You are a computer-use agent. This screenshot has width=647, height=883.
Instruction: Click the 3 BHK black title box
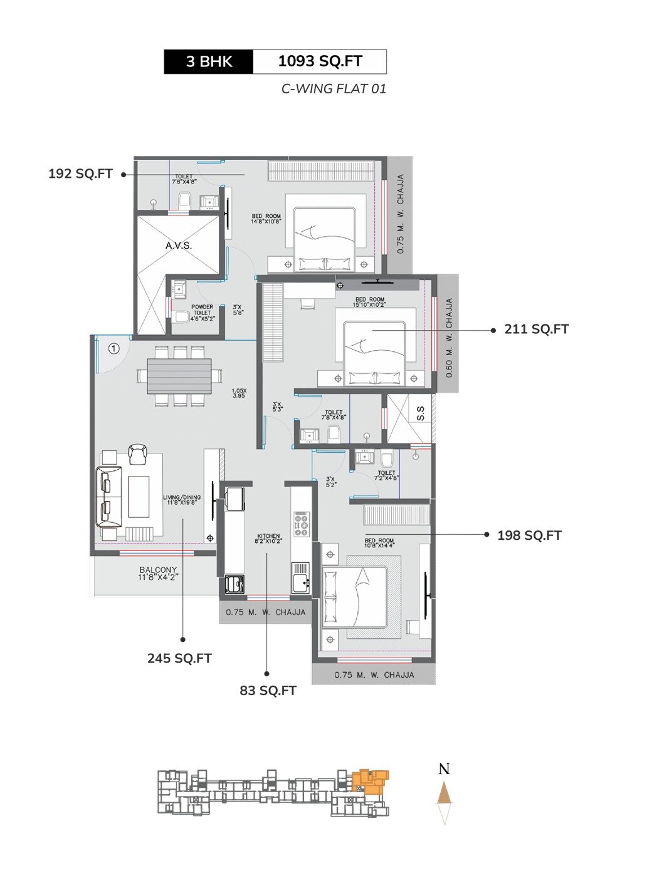pyautogui.click(x=209, y=61)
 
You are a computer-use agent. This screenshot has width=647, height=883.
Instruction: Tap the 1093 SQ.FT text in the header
pyautogui.click(x=320, y=61)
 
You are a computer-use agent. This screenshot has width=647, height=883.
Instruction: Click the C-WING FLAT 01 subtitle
pyautogui.click(x=334, y=89)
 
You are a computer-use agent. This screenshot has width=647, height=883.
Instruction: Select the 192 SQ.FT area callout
pyautogui.click(x=80, y=174)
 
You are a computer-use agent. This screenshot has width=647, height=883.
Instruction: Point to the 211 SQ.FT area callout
pyautogui.click(x=536, y=329)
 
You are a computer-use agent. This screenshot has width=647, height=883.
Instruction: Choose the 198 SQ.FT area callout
pyautogui.click(x=529, y=535)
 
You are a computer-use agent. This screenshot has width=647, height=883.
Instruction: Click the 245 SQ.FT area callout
pyautogui.click(x=179, y=658)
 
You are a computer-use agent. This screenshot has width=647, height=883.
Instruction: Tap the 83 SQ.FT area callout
pyautogui.click(x=268, y=691)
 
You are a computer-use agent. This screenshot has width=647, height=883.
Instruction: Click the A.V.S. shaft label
pyautogui.click(x=179, y=245)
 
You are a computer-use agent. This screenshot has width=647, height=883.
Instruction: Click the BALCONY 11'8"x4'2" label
pyautogui.click(x=158, y=573)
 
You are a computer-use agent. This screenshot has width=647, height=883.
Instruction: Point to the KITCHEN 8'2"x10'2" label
pyautogui.click(x=268, y=538)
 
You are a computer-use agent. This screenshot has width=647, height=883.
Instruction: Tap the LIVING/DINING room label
pyautogui.click(x=182, y=500)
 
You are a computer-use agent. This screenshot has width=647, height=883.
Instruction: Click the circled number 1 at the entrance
pyautogui.click(x=113, y=348)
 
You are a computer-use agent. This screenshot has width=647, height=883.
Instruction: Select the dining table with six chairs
pyautogui.click(x=179, y=376)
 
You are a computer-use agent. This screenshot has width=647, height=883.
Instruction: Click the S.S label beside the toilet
pyautogui.click(x=421, y=413)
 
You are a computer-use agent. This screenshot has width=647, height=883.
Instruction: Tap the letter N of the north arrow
pyautogui.click(x=444, y=769)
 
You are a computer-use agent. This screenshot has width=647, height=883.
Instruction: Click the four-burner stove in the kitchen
pyautogui.click(x=301, y=524)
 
